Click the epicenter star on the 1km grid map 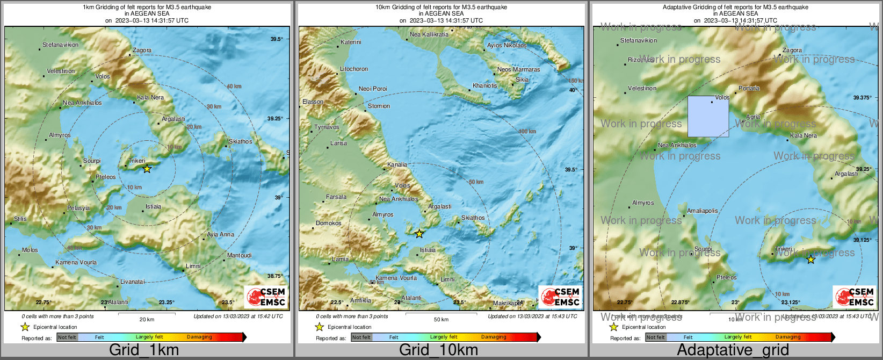[147, 169]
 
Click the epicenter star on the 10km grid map [419, 234]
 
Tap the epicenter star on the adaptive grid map [811, 260]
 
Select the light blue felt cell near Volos [708, 117]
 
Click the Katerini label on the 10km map [351, 42]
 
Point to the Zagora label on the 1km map [142, 50]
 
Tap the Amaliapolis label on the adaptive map [703, 211]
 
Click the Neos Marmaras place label [518, 69]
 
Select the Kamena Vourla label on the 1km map [76, 262]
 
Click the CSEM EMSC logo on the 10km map [560, 297]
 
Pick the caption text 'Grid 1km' [144, 350]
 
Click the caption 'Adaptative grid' [733, 350]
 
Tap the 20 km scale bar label [147, 319]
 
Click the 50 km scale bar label [441, 319]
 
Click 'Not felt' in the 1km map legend [67, 337]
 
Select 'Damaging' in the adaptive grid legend [788, 337]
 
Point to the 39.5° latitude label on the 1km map [276, 39]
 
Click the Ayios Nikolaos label [506, 46]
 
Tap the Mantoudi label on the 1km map [239, 255]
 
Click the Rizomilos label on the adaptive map [641, 60]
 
